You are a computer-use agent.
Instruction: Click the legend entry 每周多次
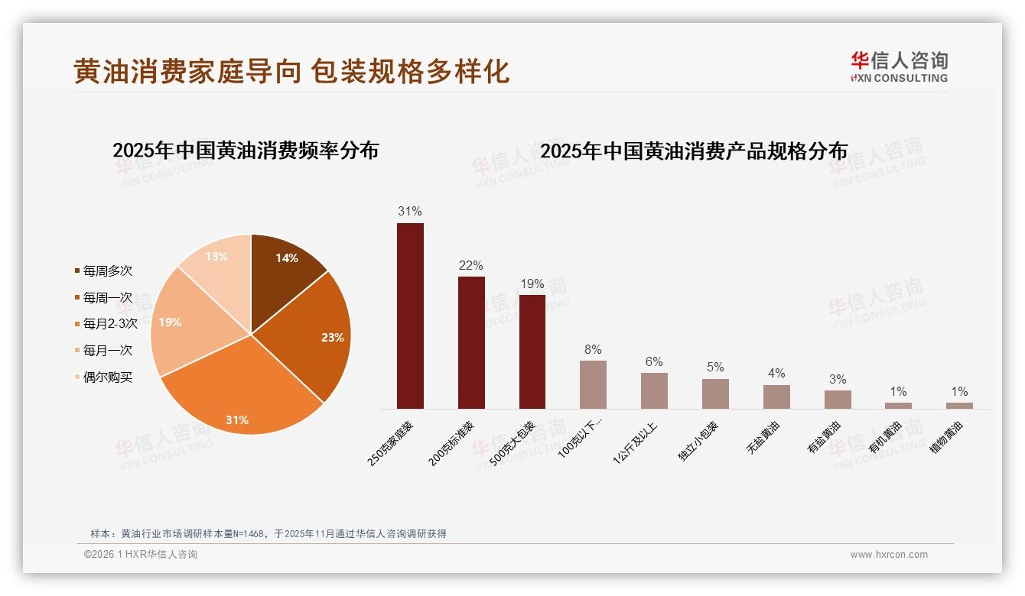point(107,270)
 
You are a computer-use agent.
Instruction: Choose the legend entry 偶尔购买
point(107,377)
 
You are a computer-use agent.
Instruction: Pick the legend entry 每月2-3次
point(109,323)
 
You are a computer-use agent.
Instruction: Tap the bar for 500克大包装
point(532,351)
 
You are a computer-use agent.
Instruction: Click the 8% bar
point(593,384)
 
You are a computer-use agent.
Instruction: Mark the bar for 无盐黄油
point(776,397)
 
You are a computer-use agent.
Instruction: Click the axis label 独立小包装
point(698,441)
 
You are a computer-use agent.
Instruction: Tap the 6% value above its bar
point(654,362)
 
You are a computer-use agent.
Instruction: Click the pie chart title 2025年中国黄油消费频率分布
point(246,150)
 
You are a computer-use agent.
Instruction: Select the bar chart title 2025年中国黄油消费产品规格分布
point(694,151)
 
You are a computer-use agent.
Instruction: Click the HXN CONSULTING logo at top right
point(899,67)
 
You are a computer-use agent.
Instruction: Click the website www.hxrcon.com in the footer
point(889,555)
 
